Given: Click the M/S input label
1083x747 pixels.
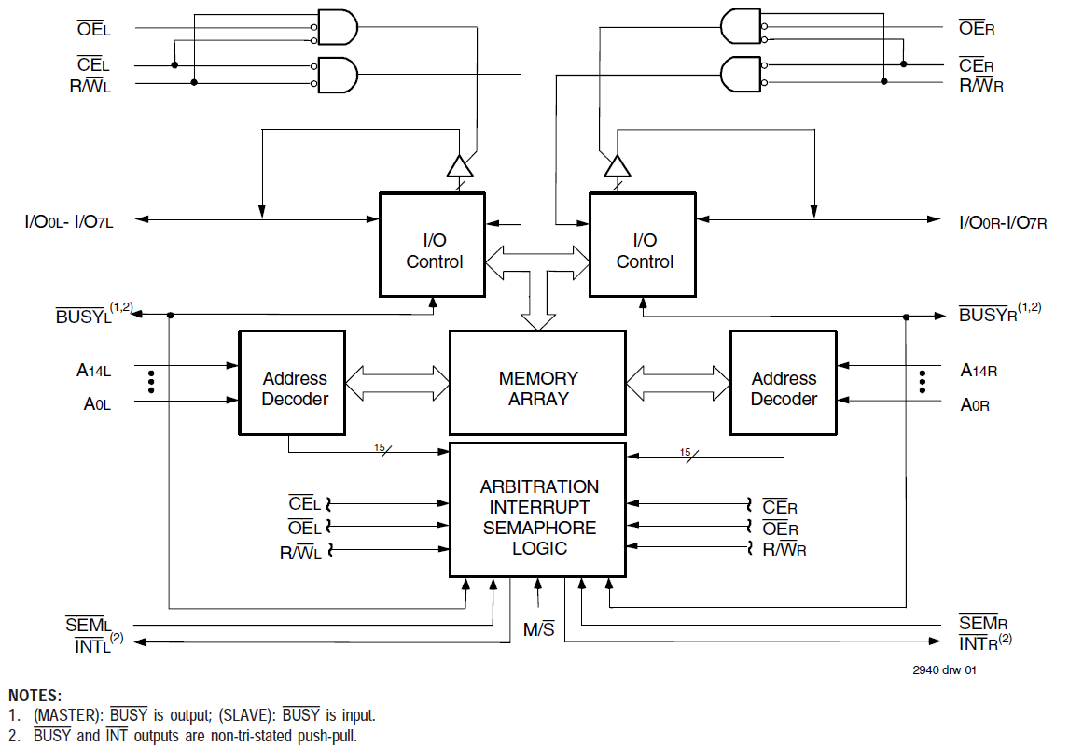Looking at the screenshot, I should [538, 630].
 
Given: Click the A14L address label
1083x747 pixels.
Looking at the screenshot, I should [93, 371].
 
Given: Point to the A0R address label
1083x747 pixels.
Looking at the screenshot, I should [975, 405].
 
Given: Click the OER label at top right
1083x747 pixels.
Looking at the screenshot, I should [977, 29].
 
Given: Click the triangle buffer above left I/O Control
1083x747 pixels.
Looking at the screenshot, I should [459, 167].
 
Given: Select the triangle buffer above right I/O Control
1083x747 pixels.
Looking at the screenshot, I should [617, 167].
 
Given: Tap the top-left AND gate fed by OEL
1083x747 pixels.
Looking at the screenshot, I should [337, 27].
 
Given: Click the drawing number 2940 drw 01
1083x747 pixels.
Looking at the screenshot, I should [945, 669].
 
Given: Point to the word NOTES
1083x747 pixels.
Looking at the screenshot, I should [35, 696].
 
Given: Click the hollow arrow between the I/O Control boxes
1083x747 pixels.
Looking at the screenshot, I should [537, 256].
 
